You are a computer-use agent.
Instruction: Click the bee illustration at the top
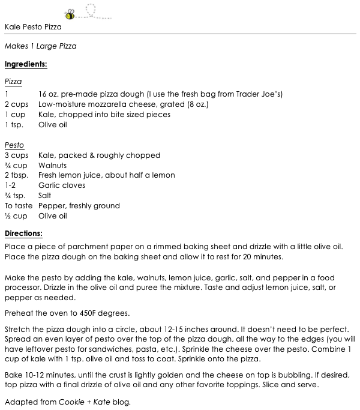(x=70, y=13)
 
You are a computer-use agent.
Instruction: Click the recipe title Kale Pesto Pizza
(x=33, y=27)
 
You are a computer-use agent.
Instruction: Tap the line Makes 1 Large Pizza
(x=40, y=46)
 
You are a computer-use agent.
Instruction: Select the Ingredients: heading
(x=26, y=64)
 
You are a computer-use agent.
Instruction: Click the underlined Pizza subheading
(x=13, y=81)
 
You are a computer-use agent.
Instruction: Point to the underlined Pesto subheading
(x=14, y=145)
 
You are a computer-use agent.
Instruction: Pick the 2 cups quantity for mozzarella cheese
(x=16, y=104)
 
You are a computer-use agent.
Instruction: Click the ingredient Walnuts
(x=52, y=165)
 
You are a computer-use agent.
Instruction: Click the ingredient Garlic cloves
(x=61, y=185)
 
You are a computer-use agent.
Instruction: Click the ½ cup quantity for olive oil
(x=16, y=216)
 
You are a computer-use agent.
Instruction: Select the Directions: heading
(x=23, y=234)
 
